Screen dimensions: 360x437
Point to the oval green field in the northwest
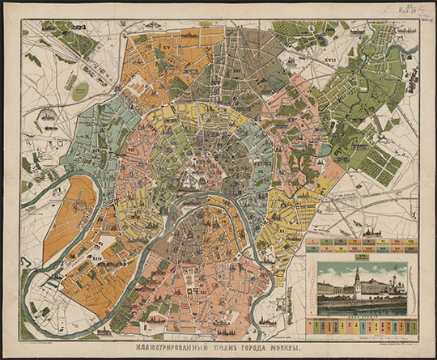click(80, 91)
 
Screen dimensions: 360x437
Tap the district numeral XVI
click(237, 70)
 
